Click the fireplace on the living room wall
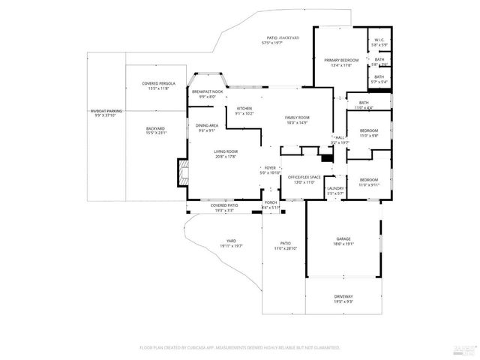click(181, 172)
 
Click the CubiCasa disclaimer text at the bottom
click(240, 348)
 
